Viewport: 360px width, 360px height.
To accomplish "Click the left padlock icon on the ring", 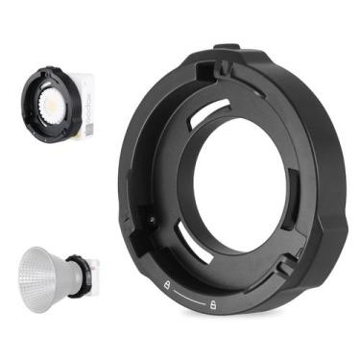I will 168,285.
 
